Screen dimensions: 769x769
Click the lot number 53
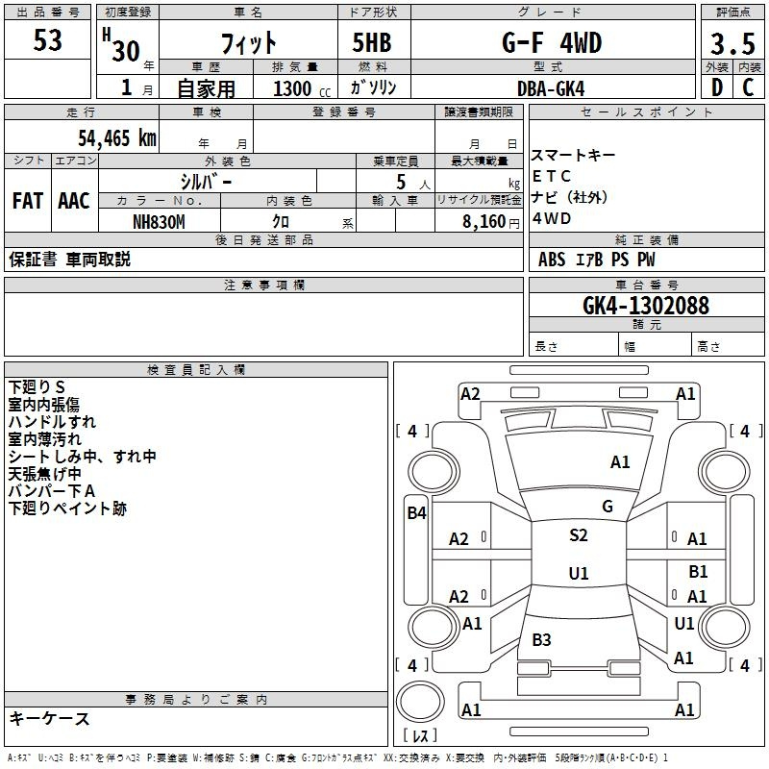tap(47, 40)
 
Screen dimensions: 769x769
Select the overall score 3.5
tap(732, 44)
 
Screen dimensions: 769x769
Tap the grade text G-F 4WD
tap(552, 42)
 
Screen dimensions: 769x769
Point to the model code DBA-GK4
tap(551, 88)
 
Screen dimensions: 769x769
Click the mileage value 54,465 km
tap(117, 138)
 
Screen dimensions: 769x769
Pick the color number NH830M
tap(159, 222)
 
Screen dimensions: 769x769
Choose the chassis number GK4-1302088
tap(646, 306)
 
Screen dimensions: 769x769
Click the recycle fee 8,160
tap(484, 222)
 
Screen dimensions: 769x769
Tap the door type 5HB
tap(372, 42)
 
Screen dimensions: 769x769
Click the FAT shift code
tap(28, 201)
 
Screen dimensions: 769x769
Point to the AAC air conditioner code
tap(74, 201)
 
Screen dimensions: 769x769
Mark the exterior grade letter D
tap(717, 87)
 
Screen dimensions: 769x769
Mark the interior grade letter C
tap(748, 87)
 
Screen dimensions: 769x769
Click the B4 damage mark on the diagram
tap(416, 513)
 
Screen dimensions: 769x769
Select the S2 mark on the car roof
tap(579, 535)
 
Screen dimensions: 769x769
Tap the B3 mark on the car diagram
tap(541, 640)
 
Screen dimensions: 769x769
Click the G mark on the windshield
tap(608, 507)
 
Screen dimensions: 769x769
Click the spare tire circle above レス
tap(420, 702)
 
